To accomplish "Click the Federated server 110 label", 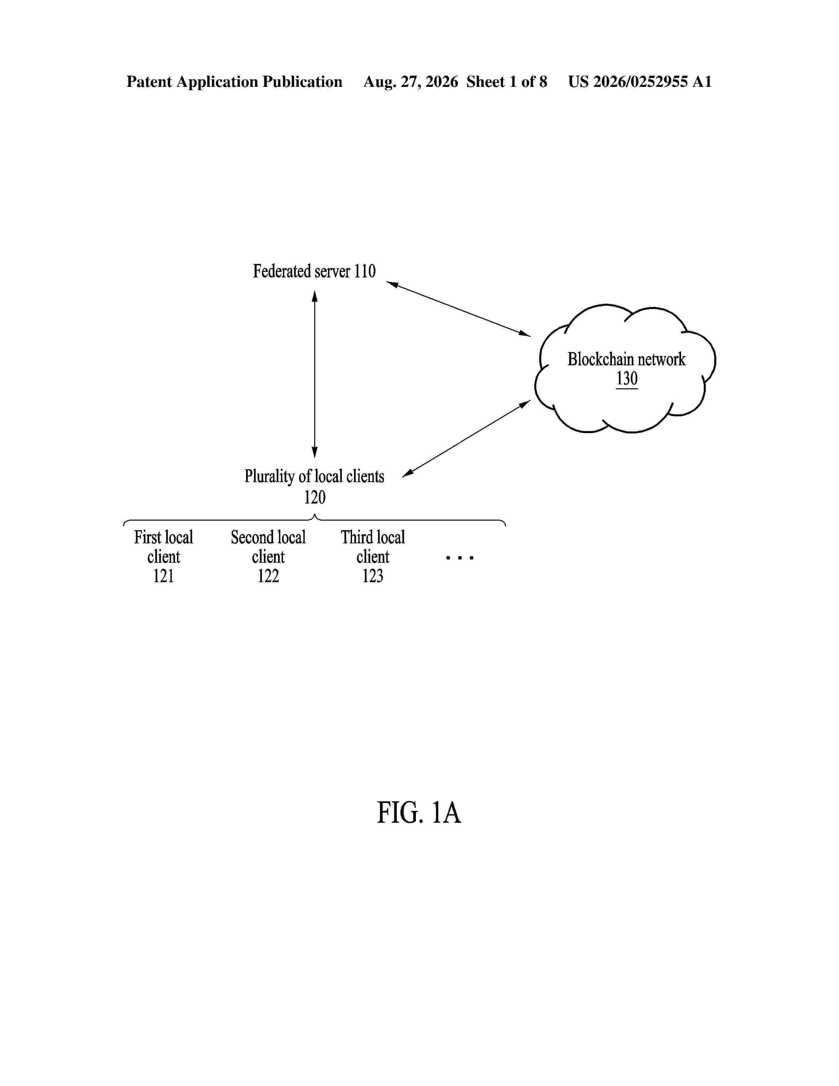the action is pos(314,271).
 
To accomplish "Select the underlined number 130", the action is pos(627,378).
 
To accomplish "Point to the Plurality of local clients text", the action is pos(314,477).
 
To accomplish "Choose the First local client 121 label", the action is pos(164,556).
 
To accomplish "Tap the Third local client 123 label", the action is pos(373,556).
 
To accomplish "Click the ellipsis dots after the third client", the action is pos(460,558).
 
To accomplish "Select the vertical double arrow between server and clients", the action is pos(315,374).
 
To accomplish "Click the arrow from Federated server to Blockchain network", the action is pos(458,309).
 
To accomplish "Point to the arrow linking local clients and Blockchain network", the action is pos(466,439).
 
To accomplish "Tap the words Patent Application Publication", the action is pos(234,82).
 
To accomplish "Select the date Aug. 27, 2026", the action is pos(411,82).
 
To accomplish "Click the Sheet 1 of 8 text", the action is pos(506,82).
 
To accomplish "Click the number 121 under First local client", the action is pos(164,576).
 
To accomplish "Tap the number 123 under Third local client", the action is pos(373,576).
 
